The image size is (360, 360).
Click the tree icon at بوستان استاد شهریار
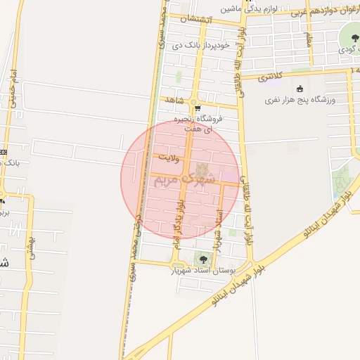(205, 259)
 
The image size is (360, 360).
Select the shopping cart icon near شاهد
(197, 108)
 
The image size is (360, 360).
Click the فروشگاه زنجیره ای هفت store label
(202, 124)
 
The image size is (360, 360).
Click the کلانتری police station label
(270, 77)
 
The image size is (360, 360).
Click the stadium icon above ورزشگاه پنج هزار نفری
(301, 89)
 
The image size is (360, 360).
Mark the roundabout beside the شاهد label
(191, 102)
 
